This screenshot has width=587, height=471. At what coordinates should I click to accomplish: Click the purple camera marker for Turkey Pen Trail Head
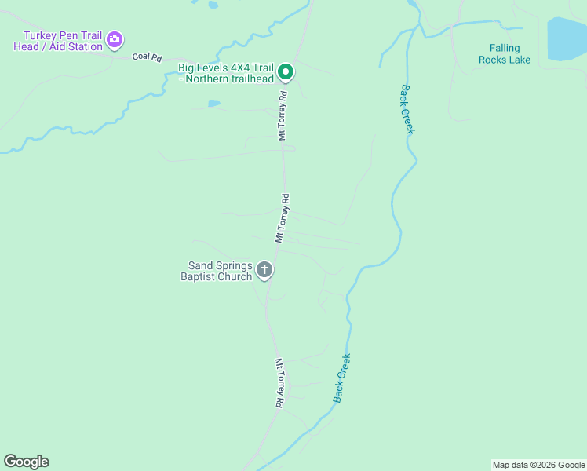[115, 39]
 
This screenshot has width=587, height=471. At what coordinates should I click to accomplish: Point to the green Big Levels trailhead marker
[286, 73]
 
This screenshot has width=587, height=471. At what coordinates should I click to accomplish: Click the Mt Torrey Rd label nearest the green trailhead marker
[283, 115]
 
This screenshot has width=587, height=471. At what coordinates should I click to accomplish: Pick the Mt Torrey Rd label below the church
[279, 383]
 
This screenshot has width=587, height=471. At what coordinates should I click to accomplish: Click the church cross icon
[265, 271]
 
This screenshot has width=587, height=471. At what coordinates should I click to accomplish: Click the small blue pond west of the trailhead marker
[214, 104]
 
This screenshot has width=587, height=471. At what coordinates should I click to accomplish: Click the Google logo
[26, 462]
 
